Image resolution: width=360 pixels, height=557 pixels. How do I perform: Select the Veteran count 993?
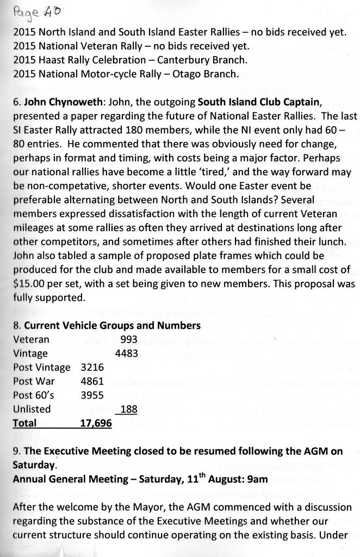[x=129, y=339]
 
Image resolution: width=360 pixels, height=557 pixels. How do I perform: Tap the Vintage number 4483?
[x=127, y=352]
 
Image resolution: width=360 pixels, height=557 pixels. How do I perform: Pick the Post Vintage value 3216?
[x=92, y=367]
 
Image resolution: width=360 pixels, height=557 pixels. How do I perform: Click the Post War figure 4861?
[x=92, y=381]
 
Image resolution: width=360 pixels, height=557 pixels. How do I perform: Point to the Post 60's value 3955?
[x=92, y=395]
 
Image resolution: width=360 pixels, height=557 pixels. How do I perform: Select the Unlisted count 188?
[x=129, y=409]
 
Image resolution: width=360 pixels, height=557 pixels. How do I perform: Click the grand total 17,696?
[x=96, y=423]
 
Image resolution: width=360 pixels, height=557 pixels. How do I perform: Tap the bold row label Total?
[x=24, y=423]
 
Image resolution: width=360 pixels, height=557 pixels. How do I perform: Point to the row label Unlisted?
[x=32, y=409]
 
